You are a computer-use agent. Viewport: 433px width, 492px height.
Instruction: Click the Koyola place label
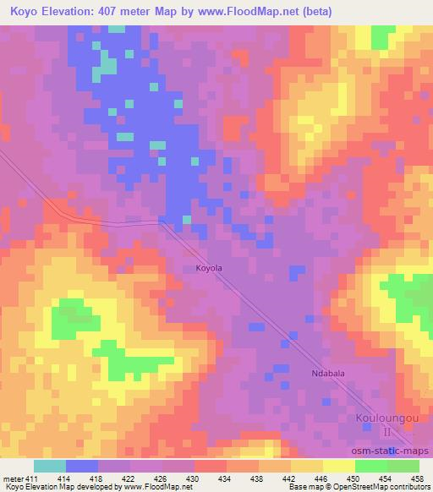pos(209,268)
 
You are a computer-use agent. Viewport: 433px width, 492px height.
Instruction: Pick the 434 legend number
pos(226,478)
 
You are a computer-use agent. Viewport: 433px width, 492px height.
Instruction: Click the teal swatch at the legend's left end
pos(50,466)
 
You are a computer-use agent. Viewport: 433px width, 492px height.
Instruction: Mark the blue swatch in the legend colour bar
pos(82,466)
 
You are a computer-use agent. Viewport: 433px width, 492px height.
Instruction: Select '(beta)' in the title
pos(315,12)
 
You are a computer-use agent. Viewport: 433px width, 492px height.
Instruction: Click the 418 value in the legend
pos(98,478)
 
